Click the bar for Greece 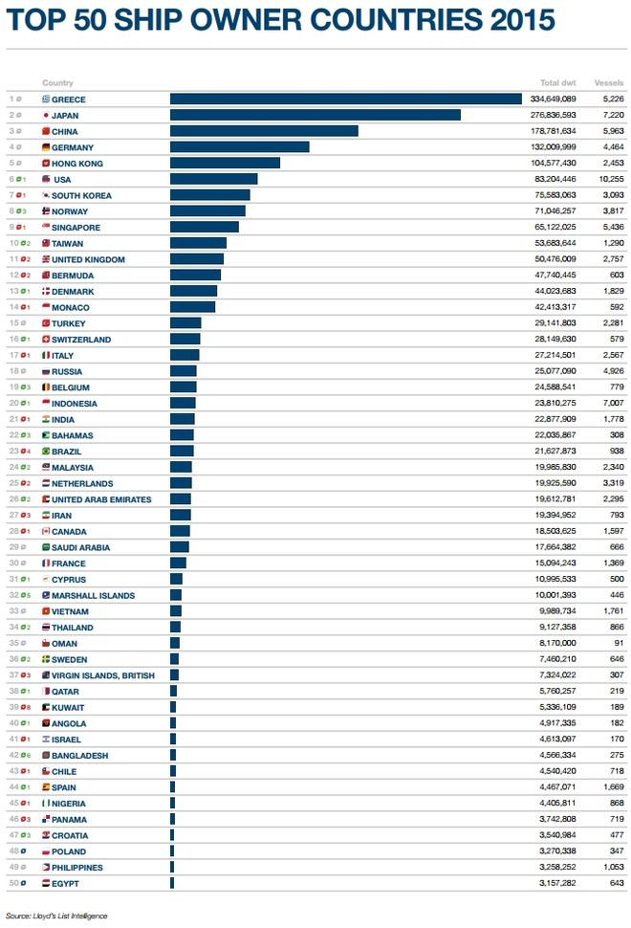tap(345, 99)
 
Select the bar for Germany tap(239, 147)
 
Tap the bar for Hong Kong tap(225, 164)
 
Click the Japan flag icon tap(45, 115)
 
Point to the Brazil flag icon tap(45, 452)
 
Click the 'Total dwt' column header tap(557, 83)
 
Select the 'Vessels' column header tap(609, 83)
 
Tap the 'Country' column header tap(57, 83)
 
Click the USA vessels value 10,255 tap(610, 179)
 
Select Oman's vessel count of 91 tap(617, 644)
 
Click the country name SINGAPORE tap(76, 228)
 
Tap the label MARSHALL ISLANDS tap(93, 596)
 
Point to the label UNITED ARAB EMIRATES tap(100, 499)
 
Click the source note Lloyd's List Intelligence tap(56, 916)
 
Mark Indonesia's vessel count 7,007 tap(611, 404)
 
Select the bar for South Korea tap(209, 195)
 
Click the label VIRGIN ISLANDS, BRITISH tap(104, 675)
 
